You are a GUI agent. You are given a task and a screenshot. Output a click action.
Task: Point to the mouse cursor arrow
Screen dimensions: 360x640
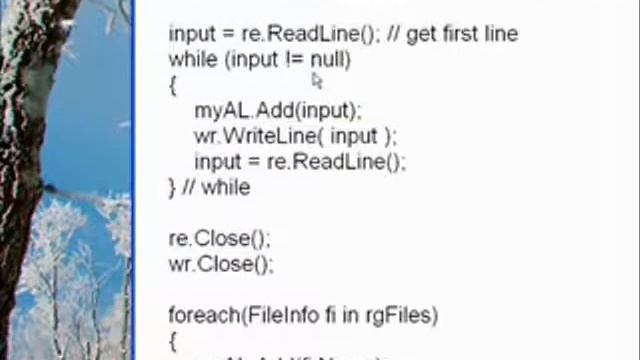(316, 80)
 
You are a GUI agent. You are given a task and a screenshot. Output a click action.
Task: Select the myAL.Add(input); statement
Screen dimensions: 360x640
(278, 110)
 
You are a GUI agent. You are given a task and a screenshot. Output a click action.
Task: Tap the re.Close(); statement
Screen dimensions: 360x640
(219, 239)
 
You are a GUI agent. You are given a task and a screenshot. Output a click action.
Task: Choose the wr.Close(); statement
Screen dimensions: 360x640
(220, 264)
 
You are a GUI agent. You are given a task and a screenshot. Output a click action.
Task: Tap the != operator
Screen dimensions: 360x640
(293, 59)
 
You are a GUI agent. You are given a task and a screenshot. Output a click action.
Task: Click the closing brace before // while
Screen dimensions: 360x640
(172, 187)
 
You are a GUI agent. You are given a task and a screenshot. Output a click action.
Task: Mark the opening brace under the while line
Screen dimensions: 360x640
(173, 85)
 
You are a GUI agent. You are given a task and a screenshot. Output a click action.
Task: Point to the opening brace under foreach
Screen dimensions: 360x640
(173, 342)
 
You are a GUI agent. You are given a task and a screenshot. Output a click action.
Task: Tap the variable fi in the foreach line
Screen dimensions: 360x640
(329, 316)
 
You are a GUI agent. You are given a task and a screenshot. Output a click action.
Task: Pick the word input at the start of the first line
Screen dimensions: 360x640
(191, 34)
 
